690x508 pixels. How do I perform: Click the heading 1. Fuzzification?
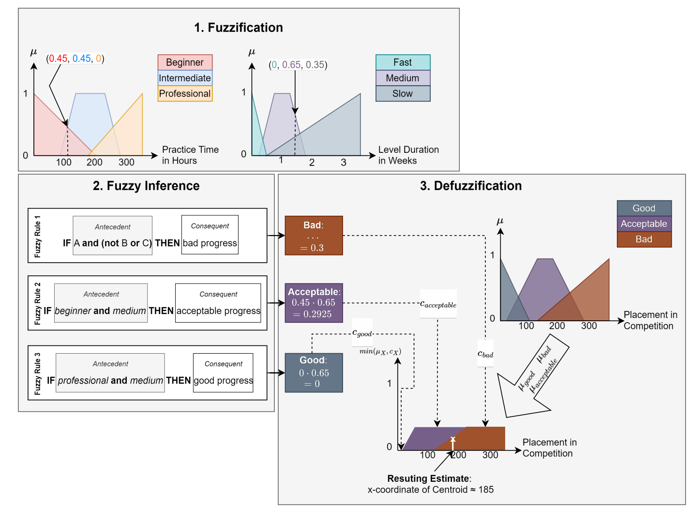click(x=239, y=28)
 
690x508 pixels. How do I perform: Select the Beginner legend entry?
click(x=185, y=62)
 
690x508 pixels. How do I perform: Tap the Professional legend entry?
click(x=185, y=93)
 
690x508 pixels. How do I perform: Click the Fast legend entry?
click(x=403, y=62)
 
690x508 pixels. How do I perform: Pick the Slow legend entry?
click(x=403, y=93)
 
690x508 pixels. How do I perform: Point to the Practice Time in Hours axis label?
click(x=190, y=155)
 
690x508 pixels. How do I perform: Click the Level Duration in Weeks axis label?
click(x=408, y=155)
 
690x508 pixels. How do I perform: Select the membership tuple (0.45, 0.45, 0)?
click(x=75, y=59)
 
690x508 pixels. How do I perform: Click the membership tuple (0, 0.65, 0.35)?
click(x=298, y=65)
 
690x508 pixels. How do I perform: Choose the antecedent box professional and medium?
click(x=110, y=373)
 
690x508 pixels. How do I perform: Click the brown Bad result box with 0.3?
click(x=314, y=236)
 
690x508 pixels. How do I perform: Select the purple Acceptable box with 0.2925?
click(x=314, y=303)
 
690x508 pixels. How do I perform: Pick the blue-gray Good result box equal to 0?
click(x=314, y=373)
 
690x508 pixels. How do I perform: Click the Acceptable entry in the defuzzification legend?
click(x=644, y=224)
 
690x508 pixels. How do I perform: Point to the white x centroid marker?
click(x=453, y=439)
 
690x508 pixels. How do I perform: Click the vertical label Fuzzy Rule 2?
click(x=38, y=303)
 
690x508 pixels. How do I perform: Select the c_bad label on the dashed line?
click(x=485, y=354)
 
